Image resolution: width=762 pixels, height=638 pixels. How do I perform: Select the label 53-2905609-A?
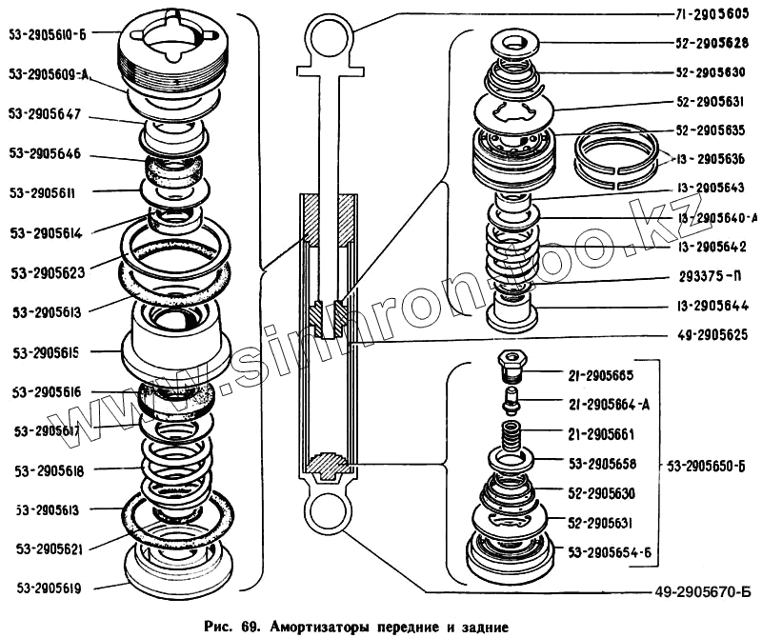pos(49,72)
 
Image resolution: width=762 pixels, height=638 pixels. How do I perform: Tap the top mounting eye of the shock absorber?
pos(329,41)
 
